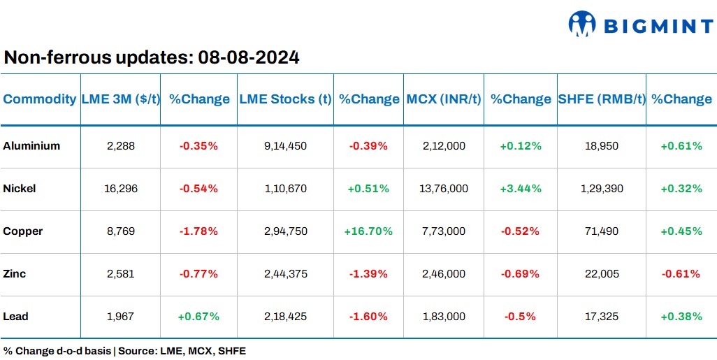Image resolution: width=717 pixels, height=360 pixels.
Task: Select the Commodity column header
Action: (40, 99)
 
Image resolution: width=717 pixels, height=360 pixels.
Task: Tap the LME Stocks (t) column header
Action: (285, 99)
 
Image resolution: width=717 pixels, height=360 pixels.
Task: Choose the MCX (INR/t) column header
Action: (444, 99)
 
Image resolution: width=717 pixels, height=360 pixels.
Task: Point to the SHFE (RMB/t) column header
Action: (602, 99)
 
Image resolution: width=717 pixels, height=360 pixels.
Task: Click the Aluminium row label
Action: (31, 146)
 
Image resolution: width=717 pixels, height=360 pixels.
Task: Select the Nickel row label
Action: (20, 189)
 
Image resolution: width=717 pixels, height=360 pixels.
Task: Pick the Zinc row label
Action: (15, 274)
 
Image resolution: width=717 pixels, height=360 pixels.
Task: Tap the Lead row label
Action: (15, 317)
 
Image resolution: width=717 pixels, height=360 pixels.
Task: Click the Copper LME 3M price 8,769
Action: (120, 231)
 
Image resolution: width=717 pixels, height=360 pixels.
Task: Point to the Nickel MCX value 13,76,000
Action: (444, 189)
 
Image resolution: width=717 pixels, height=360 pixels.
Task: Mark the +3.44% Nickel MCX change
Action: (520, 189)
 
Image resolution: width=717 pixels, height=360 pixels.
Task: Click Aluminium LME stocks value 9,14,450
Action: (285, 146)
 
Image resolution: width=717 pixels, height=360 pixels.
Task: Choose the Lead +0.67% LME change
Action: (198, 317)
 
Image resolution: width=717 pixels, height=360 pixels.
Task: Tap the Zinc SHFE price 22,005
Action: (602, 274)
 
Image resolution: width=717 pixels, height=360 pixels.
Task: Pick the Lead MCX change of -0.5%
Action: (520, 317)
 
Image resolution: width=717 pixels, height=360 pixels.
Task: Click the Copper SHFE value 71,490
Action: (602, 231)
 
